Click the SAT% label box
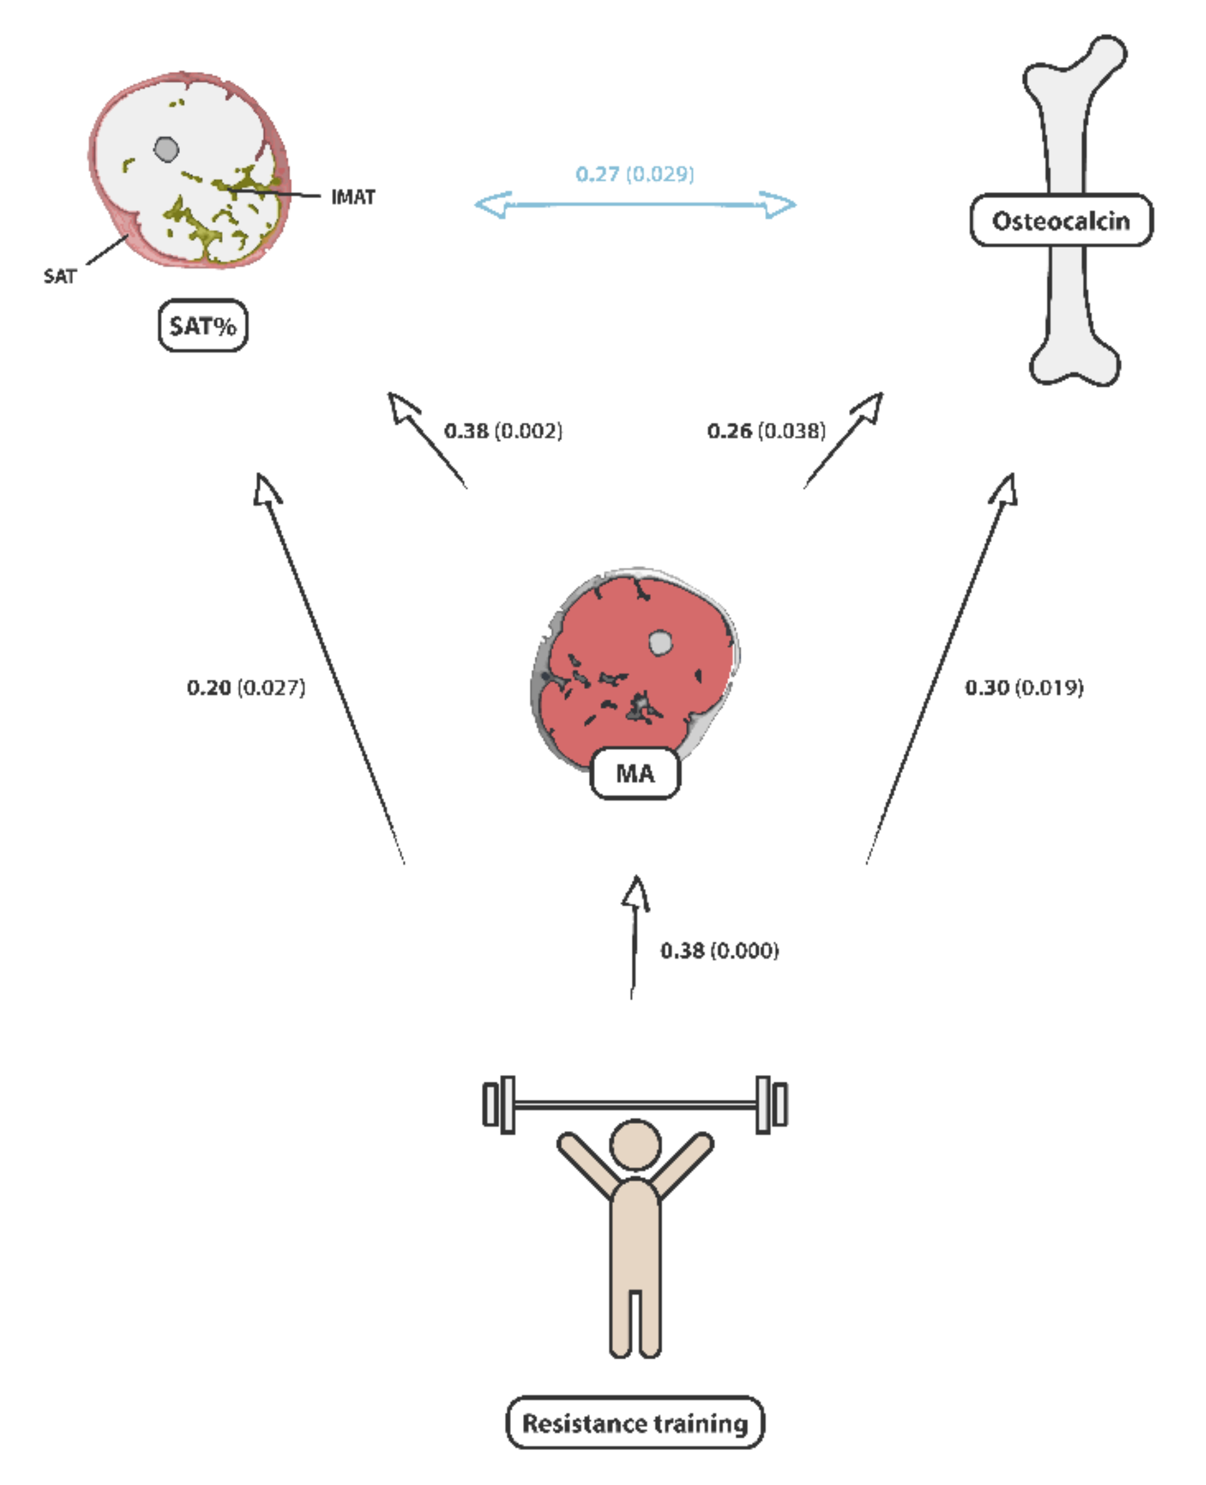click(x=203, y=325)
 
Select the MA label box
click(x=635, y=773)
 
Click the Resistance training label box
click(x=635, y=1423)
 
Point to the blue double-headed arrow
click(x=635, y=204)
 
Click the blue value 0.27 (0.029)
click(x=635, y=174)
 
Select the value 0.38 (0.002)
click(x=503, y=431)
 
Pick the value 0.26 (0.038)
click(x=766, y=431)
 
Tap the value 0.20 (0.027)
click(x=246, y=688)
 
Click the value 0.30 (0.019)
click(x=1024, y=688)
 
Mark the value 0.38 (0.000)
click(x=720, y=950)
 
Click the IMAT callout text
click(x=353, y=197)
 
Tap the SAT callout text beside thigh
click(x=60, y=277)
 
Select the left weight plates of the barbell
click(x=499, y=1105)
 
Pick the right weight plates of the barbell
click(x=771, y=1105)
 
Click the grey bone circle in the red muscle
click(x=660, y=643)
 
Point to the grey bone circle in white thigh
click(x=166, y=149)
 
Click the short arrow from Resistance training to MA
click(x=633, y=938)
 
